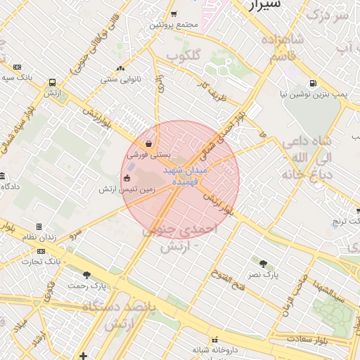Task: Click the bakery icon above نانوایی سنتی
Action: tap(121, 68)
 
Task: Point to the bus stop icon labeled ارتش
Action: tap(52, 82)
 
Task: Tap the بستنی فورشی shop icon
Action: tap(148, 143)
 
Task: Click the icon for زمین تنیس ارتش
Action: tap(127, 179)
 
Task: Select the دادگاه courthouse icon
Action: tap(3, 176)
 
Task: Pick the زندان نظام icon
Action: tap(39, 226)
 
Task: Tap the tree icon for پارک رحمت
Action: tap(87, 275)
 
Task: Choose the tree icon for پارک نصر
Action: tap(264, 264)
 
